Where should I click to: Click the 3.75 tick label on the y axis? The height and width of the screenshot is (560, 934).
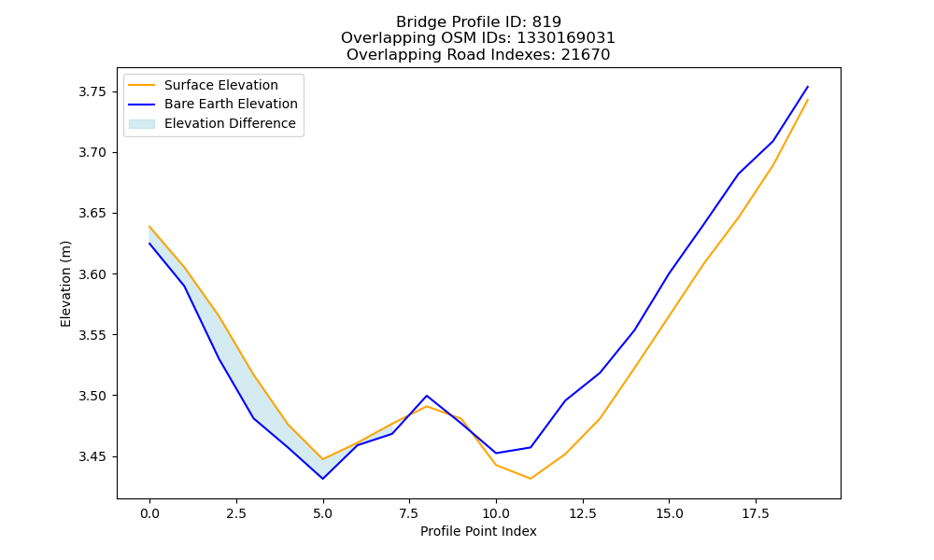[92, 91]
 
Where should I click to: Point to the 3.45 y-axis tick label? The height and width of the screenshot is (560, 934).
[92, 457]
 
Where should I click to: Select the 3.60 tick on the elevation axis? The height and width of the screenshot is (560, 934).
[92, 274]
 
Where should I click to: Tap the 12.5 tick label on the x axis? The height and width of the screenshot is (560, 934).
[583, 513]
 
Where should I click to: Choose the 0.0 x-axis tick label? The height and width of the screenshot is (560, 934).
[149, 513]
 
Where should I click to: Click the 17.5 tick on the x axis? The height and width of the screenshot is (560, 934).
[756, 513]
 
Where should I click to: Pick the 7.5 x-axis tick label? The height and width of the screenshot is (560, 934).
[409, 513]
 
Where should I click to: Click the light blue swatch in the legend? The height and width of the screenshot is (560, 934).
[142, 124]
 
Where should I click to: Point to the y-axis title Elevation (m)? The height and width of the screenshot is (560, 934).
[65, 284]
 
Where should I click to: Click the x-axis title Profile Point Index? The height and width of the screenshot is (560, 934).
[478, 531]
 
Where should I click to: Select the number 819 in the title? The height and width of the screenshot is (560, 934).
[546, 22]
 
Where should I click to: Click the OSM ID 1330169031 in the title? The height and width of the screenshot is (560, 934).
[566, 38]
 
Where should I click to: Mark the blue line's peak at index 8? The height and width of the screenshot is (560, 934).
[427, 396]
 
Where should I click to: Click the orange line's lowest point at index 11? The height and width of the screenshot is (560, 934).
[531, 479]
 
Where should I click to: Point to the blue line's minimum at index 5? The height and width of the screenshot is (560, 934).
[323, 479]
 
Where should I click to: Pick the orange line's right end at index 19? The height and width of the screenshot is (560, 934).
[808, 100]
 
